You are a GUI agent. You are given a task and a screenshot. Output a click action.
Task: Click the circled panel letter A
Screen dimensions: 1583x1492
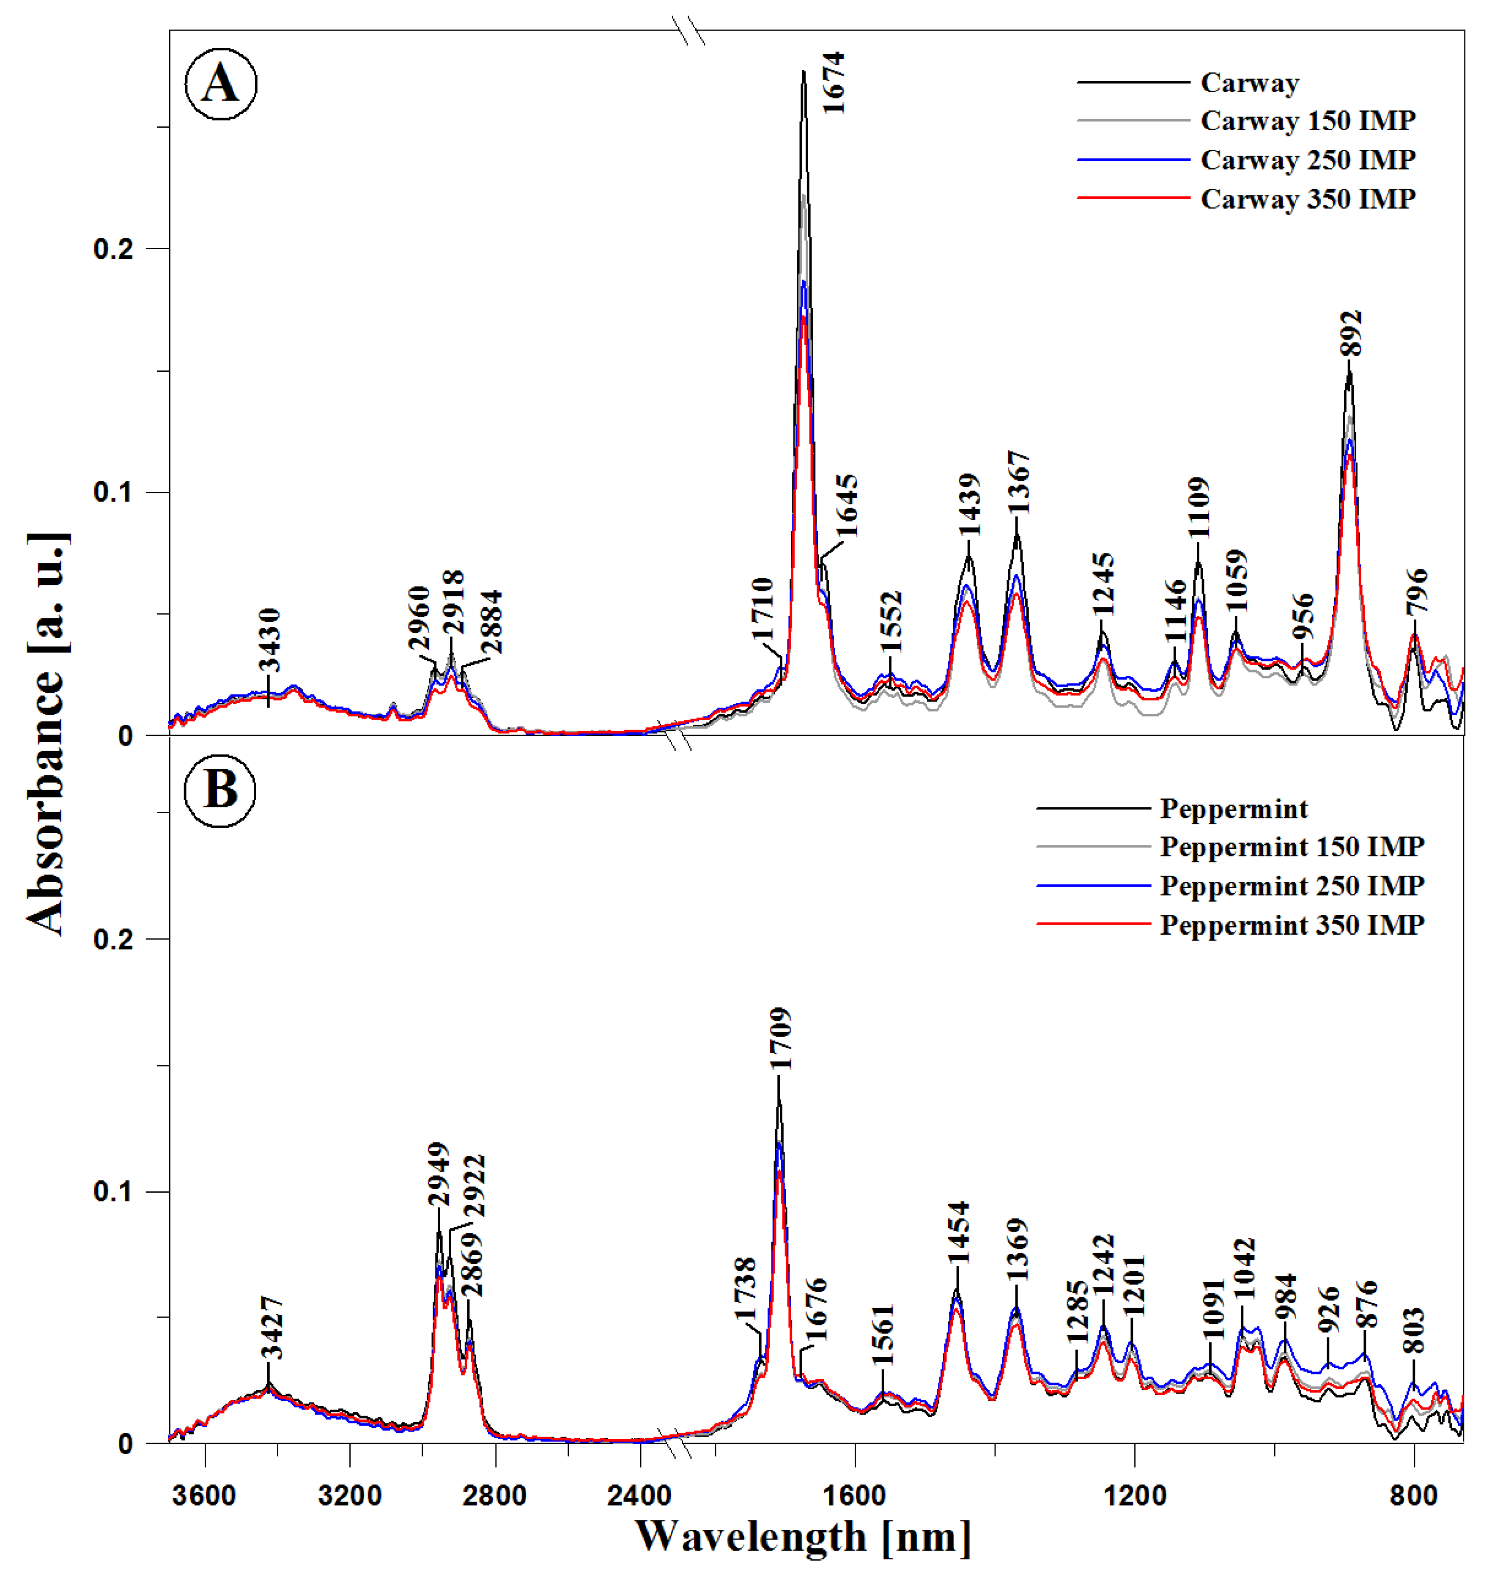tap(220, 84)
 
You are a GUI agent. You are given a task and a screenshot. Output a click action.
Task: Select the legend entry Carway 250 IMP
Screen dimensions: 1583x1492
tap(1307, 160)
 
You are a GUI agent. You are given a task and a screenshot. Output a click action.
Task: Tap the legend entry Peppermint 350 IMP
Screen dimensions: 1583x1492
tap(1292, 925)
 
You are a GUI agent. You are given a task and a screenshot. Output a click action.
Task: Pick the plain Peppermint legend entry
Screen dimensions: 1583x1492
tap(1233, 809)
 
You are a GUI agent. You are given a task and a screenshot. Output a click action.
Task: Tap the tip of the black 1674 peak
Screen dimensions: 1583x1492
tap(804, 71)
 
